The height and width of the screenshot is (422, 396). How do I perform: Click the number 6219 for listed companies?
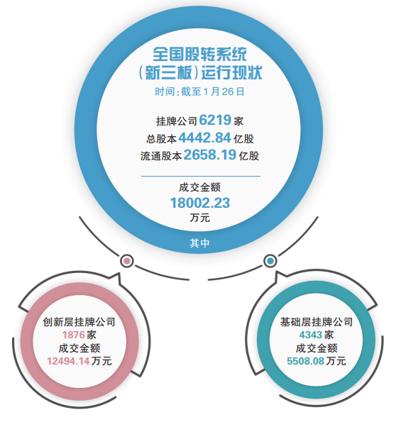215,120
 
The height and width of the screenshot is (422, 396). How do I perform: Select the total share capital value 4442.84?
204,138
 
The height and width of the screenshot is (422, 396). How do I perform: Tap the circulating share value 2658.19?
210,155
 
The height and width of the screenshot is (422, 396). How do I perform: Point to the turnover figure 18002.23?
200,203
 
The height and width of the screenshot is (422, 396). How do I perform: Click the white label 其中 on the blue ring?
199,243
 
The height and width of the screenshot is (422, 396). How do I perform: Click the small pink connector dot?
126,261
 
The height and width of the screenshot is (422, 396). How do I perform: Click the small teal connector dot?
270,261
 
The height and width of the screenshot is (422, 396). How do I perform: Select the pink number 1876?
74,335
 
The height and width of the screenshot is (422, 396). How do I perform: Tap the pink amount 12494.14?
68,361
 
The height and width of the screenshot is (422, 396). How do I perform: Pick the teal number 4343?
311,335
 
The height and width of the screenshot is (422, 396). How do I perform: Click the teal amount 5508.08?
305,361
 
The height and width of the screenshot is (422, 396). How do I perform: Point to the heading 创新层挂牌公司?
79,322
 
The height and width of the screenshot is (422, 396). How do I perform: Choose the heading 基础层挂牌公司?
317,322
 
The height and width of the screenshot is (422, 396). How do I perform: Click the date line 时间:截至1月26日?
199,91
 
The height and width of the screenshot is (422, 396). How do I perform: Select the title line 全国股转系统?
199,55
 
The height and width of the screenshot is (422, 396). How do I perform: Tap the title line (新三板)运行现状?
199,72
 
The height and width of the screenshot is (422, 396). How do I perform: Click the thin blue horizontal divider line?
201,177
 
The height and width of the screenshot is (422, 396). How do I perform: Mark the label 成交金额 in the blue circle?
199,187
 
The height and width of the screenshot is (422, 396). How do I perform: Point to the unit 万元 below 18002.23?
199,218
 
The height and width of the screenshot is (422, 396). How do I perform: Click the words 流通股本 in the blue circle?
161,156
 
